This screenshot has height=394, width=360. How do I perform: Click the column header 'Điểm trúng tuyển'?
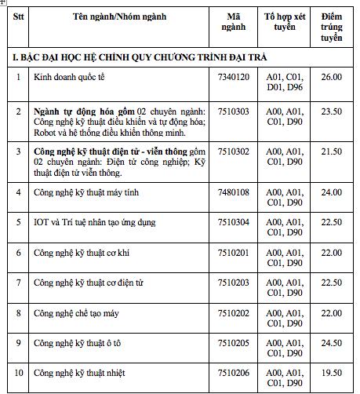[332, 26]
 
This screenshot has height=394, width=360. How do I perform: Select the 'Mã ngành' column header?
[233, 20]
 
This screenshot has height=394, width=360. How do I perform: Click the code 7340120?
[233, 77]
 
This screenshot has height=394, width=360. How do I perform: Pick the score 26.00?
[332, 77]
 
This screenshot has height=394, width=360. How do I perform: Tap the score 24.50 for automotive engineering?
[332, 342]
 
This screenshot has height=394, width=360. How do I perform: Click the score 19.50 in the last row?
[332, 372]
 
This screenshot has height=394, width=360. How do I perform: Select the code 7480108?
[233, 192]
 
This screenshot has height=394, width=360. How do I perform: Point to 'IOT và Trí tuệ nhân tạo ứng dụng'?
[94, 222]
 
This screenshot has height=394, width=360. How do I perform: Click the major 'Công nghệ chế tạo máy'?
[76, 312]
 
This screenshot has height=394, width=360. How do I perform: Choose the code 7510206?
[233, 372]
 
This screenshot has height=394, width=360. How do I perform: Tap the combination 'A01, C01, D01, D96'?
[283, 82]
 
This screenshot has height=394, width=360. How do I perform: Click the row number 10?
[18, 372]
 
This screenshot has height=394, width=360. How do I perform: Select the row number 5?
[18, 222]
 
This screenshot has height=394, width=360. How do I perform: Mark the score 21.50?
[332, 151]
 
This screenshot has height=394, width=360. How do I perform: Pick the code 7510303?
[233, 111]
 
